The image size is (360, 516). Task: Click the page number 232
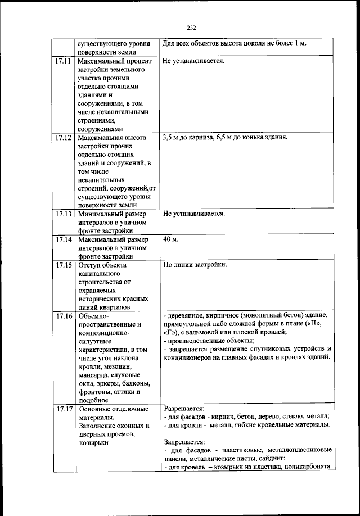click(x=191, y=27)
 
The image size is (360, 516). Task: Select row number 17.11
click(x=63, y=60)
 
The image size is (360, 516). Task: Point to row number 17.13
click(x=63, y=214)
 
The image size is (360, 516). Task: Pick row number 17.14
click(x=63, y=239)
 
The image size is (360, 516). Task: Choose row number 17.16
click(x=63, y=316)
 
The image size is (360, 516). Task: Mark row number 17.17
click(x=63, y=409)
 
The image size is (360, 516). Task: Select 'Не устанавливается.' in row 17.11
click(x=193, y=60)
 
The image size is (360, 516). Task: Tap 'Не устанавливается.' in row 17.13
click(x=193, y=214)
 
